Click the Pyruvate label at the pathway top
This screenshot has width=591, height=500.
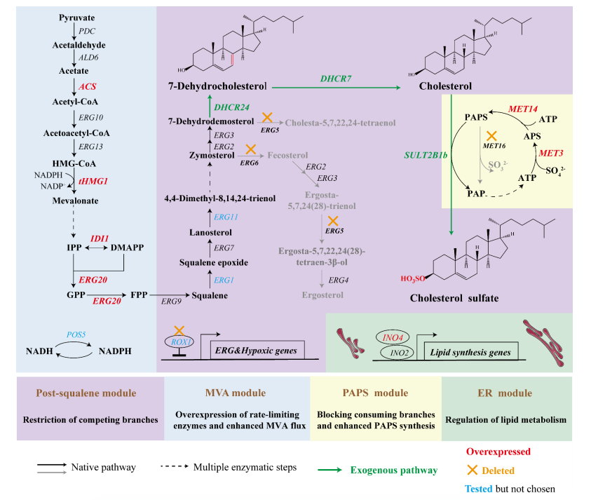click(78, 17)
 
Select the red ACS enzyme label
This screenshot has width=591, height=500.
click(87, 86)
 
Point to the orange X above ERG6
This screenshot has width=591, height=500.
click(249, 151)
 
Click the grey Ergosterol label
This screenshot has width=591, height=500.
click(322, 295)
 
